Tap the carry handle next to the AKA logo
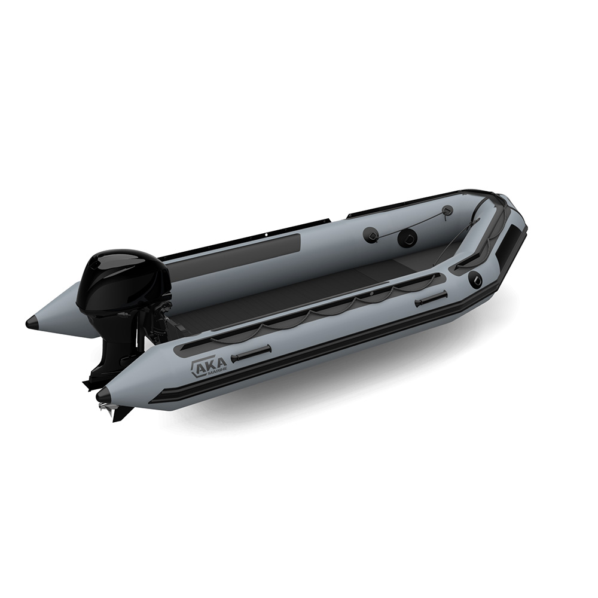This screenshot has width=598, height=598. pyautogui.click(x=252, y=353)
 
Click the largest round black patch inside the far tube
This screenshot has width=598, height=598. pyautogui.click(x=407, y=238)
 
